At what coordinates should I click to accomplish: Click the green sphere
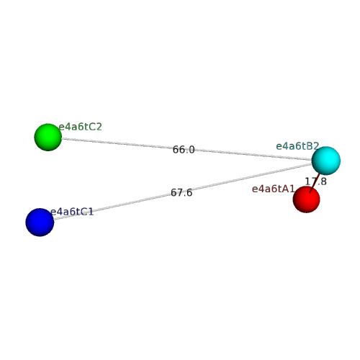click(48, 138)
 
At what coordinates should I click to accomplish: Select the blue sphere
click(40, 222)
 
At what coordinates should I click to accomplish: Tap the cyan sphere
click(326, 161)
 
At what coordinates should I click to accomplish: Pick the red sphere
click(307, 199)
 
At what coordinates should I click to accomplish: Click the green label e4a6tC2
click(81, 127)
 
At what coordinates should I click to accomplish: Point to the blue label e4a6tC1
click(72, 212)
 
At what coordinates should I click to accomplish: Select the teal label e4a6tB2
click(297, 146)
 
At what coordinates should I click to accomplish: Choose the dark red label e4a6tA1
click(273, 189)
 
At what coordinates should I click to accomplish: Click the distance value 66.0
click(184, 150)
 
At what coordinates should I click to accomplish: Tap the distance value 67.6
click(181, 192)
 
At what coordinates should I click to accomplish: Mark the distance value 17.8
click(315, 181)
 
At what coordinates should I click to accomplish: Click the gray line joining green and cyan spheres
click(186, 149)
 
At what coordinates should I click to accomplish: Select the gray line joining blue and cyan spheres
click(183, 192)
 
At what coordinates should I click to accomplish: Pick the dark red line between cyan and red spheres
click(315, 183)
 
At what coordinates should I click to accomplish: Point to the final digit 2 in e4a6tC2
click(99, 127)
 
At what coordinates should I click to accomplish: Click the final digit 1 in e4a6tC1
click(91, 212)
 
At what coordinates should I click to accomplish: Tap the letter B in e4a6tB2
click(310, 146)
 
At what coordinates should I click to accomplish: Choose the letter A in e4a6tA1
click(286, 189)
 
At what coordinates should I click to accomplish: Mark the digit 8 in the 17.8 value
click(323, 181)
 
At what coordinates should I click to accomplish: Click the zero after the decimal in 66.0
click(192, 150)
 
